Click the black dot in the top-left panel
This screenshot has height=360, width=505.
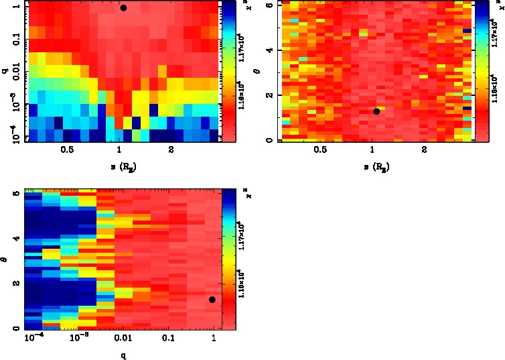pos(123,8)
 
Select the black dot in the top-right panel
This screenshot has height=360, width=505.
pos(376,111)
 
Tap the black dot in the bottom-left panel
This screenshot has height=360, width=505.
pos(212,300)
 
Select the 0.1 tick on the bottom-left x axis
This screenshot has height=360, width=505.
pos(168,340)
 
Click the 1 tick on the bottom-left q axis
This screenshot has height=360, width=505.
pos(214,340)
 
